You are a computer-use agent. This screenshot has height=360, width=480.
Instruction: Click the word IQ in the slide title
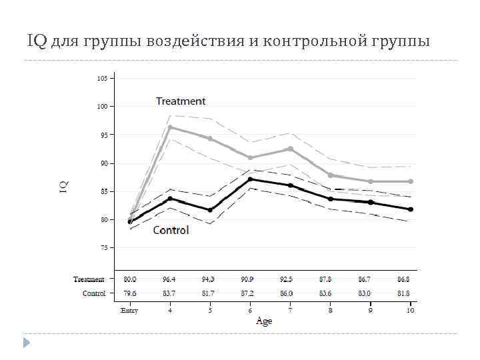pos(37,42)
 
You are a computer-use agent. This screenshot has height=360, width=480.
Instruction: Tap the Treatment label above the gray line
pos(181,101)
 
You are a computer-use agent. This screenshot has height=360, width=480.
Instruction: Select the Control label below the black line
pos(171,230)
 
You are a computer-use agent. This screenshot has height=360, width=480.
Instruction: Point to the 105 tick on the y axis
pos(102,78)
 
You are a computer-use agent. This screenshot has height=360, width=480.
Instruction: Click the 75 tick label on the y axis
pos(103,247)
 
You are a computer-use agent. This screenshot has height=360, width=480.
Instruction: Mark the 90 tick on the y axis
pos(103,163)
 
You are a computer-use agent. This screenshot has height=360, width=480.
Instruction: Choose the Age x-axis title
pos(264,321)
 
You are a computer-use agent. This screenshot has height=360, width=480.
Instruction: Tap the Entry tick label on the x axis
pos(129,311)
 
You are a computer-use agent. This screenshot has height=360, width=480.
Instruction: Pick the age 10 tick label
pos(410,311)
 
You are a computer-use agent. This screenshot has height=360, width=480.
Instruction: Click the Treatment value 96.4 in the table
pos(170,279)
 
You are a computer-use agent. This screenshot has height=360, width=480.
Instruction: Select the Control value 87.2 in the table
pos(250,293)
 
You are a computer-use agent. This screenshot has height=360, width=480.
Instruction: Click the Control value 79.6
pos(129,293)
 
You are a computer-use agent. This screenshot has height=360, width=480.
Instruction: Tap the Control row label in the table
pos(94,293)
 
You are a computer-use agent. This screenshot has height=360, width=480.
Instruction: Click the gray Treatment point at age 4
pos(170,127)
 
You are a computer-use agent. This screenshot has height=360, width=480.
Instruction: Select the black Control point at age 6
pos(250,179)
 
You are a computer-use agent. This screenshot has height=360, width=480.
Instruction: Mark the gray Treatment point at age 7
pos(291,149)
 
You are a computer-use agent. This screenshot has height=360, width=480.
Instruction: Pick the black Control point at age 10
pos(411,209)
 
